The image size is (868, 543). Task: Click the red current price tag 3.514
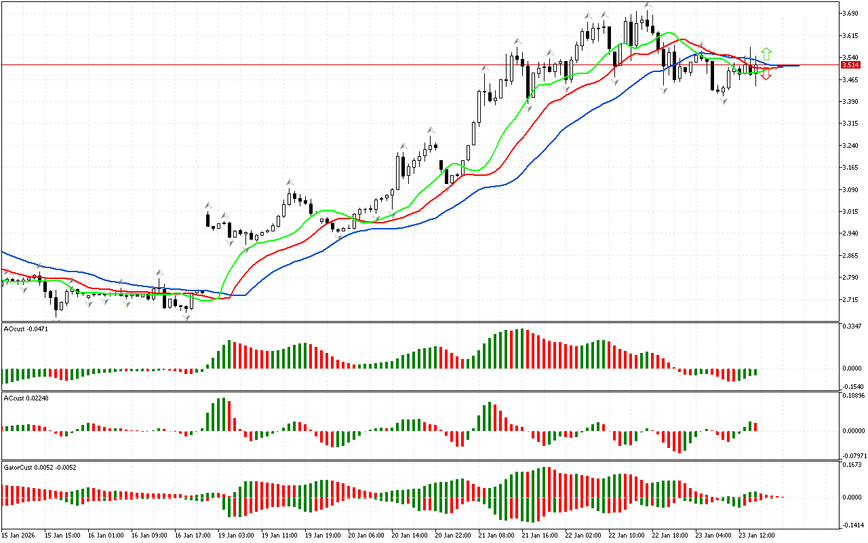pos(850,65)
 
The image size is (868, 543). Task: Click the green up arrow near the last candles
pos(766,53)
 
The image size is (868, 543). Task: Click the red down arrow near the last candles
pos(766,75)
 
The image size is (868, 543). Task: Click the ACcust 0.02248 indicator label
pos(22,398)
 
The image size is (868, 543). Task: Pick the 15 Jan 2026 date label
pos(18,536)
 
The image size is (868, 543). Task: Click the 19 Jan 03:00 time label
pos(235,536)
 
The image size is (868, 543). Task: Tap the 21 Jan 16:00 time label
pos(539,536)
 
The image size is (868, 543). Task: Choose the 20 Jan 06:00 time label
pos(366,536)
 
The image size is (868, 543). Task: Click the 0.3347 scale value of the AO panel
pos(852,326)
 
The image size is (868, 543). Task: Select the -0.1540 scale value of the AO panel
pos(852,386)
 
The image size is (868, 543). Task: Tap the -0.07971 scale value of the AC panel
pos(853,455)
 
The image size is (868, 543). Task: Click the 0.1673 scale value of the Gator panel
pos(852,465)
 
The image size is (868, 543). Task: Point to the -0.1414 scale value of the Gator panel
pos(852,525)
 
